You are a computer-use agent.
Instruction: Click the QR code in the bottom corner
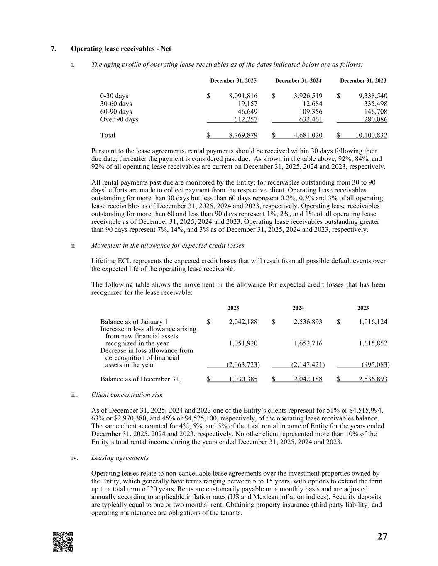(x=63, y=542)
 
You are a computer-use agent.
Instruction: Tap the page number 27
(x=382, y=537)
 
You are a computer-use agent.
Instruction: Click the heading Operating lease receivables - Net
(x=121, y=49)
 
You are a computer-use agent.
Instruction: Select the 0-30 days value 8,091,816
(x=243, y=96)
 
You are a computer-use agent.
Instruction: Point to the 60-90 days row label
(x=116, y=112)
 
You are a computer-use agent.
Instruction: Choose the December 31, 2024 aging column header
(x=298, y=80)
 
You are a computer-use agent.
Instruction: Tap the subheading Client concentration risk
(x=127, y=394)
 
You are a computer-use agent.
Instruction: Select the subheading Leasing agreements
(x=120, y=457)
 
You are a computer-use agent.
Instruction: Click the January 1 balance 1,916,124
(x=372, y=322)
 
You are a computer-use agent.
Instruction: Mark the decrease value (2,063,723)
(x=243, y=365)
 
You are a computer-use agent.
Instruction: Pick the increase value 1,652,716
(x=308, y=343)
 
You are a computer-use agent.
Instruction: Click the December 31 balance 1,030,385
(x=243, y=379)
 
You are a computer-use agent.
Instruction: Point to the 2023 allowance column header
(x=363, y=308)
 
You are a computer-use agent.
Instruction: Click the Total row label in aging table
(x=108, y=135)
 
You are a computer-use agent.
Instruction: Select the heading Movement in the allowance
(x=167, y=245)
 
